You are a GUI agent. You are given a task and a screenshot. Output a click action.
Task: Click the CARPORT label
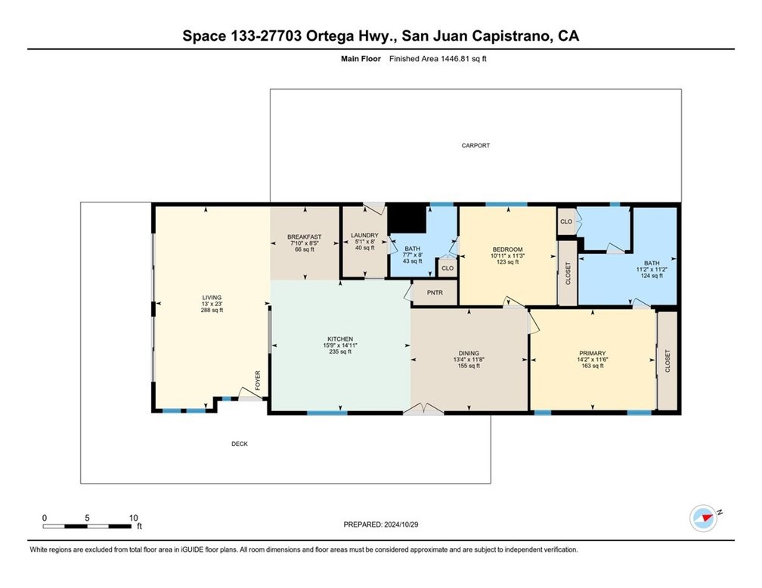point(476,145)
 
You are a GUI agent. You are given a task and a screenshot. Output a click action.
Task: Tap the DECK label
point(239,444)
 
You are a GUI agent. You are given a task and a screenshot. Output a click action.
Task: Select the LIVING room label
point(212,297)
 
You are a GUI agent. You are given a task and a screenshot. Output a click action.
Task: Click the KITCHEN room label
point(339,339)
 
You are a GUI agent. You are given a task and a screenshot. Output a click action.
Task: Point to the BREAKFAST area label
point(304,237)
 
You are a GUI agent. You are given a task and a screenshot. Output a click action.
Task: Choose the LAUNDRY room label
point(364,236)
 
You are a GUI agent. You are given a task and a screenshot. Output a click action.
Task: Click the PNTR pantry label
point(434,292)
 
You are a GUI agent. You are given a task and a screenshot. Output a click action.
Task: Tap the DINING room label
point(469,352)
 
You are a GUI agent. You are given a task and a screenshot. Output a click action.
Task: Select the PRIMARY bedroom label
point(592,352)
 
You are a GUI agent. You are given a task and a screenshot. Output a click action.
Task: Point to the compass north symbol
point(704,518)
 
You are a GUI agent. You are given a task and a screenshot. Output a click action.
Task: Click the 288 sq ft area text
point(212,311)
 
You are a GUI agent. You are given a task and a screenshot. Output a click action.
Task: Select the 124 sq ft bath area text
point(652,276)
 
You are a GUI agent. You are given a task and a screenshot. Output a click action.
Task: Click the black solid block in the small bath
point(407,220)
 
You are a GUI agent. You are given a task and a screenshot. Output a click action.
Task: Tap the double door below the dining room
point(423,409)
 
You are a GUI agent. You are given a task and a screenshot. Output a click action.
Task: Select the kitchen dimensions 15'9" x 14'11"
point(339,345)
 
